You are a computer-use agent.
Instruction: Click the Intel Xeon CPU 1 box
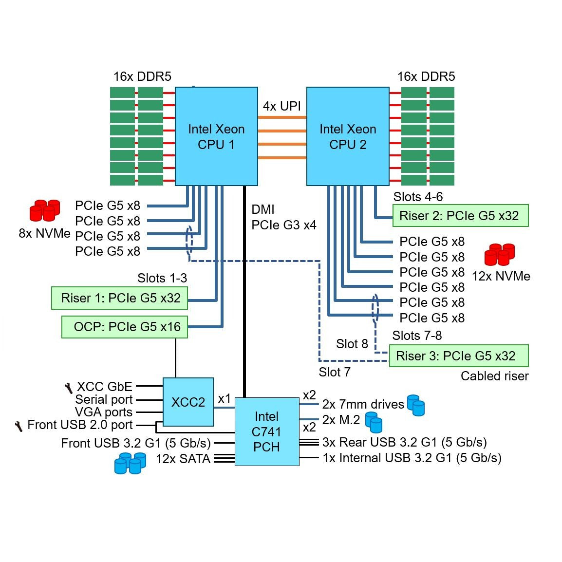tap(216, 136)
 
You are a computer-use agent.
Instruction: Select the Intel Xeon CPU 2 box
tap(348, 136)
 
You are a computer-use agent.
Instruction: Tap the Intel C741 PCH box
tap(267, 431)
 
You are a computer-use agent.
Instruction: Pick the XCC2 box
tap(188, 402)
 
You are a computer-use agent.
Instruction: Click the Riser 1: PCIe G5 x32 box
tap(120, 298)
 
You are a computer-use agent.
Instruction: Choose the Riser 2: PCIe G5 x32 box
tap(460, 216)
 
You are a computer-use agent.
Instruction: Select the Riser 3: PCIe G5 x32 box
tap(458, 356)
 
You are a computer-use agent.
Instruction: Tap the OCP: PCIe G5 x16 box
tap(125, 327)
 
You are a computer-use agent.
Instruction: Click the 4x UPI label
tap(281, 106)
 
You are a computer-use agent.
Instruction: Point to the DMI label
tap(263, 209)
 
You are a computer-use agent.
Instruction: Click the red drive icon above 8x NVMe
tap(45, 210)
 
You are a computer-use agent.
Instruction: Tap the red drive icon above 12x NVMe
tap(500, 254)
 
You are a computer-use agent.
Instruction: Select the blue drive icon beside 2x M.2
tap(374, 422)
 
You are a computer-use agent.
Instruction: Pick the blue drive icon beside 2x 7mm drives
tap(416, 405)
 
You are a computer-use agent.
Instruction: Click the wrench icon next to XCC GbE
tap(69, 388)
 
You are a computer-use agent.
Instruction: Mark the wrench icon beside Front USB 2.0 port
tap(19, 426)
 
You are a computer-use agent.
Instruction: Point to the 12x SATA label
tap(183, 459)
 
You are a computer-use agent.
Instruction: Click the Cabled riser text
tap(494, 376)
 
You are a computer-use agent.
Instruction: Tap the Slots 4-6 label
tap(418, 197)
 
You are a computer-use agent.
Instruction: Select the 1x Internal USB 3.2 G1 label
tap(412, 458)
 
